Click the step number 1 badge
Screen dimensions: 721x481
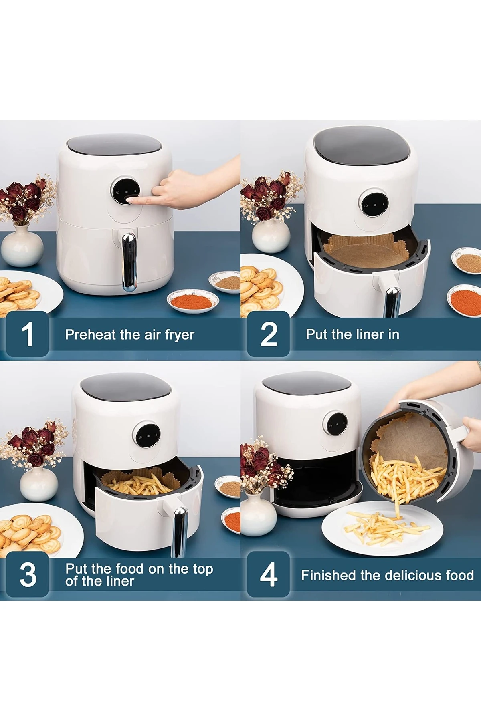27,334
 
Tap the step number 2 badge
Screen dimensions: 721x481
268,334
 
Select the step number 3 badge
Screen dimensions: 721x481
27,575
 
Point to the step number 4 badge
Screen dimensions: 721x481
268,575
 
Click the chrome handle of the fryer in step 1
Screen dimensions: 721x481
129,262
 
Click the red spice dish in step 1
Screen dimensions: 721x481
192,301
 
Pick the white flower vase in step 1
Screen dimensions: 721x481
22,246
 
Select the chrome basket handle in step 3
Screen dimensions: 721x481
180,531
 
